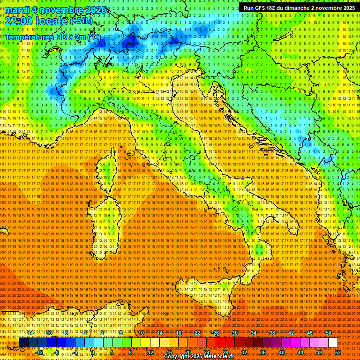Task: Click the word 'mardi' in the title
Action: point(18,10)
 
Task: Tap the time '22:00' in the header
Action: point(19,21)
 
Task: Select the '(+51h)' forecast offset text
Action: point(81,21)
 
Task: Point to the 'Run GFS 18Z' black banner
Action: point(299,8)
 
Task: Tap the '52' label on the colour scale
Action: point(338,352)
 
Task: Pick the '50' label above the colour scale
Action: point(329,333)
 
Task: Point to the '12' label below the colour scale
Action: point(150,352)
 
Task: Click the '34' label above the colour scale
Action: point(254,333)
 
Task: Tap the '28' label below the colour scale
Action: point(225,352)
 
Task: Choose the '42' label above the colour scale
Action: point(291,333)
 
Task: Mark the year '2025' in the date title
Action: point(93,10)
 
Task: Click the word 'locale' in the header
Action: point(52,21)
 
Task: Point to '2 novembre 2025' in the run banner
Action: point(332,8)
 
